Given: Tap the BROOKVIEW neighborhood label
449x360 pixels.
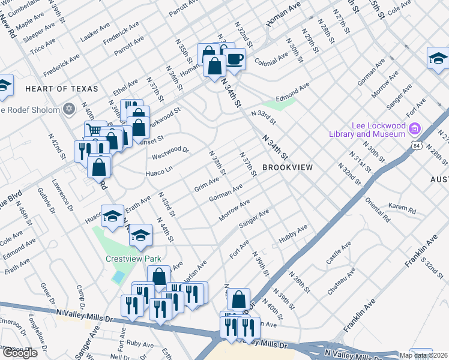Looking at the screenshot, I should pyautogui.click(x=287, y=167).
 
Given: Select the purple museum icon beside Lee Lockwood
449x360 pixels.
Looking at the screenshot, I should pyautogui.click(x=414, y=128).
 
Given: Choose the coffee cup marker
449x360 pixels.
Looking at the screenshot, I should pyautogui.click(x=235, y=59).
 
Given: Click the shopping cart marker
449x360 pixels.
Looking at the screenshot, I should pyautogui.click(x=94, y=130).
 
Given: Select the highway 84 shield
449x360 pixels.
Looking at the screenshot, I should pyautogui.click(x=417, y=145).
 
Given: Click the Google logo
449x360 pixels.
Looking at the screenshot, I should pyautogui.click(x=19, y=353).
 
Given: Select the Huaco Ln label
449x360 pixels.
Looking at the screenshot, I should pyautogui.click(x=159, y=173).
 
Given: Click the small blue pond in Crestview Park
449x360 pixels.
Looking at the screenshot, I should pyautogui.click(x=119, y=277).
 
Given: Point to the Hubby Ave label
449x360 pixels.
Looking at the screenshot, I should pyautogui.click(x=293, y=234).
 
